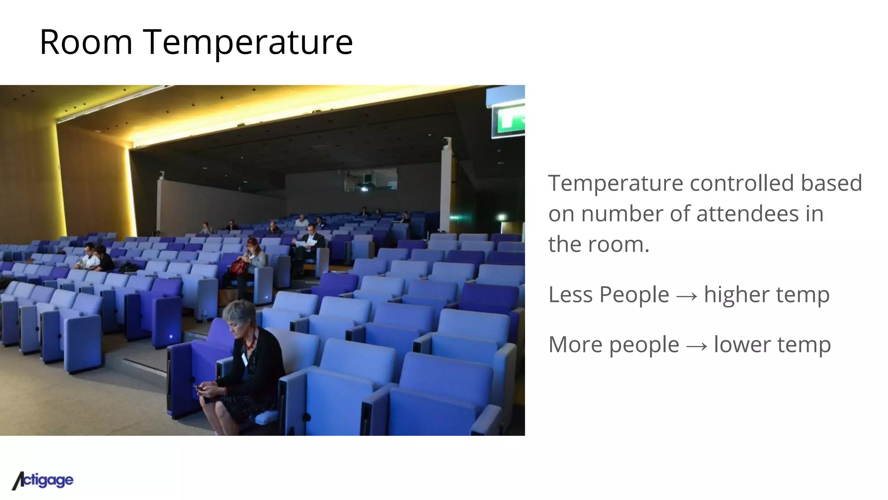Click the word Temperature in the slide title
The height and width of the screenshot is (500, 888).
248,42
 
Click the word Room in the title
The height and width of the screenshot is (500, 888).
86,42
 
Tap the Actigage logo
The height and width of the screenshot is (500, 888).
42,480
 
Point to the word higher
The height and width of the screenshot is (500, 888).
736,295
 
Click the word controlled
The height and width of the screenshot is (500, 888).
742,183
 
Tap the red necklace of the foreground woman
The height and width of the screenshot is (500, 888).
251,341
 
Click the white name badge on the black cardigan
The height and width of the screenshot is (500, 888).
245,359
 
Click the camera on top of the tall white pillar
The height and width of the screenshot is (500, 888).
446,141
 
